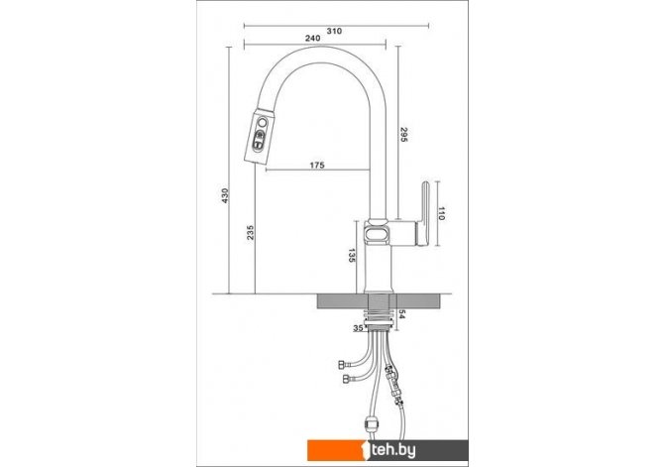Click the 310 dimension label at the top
[334, 31]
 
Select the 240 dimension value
[312, 38]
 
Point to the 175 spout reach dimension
[317, 165]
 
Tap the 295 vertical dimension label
[403, 134]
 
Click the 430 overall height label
[225, 195]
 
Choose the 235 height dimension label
[251, 233]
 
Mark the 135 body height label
[351, 256]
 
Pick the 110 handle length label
[441, 213]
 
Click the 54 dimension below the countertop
[402, 315]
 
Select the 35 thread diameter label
[358, 328]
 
